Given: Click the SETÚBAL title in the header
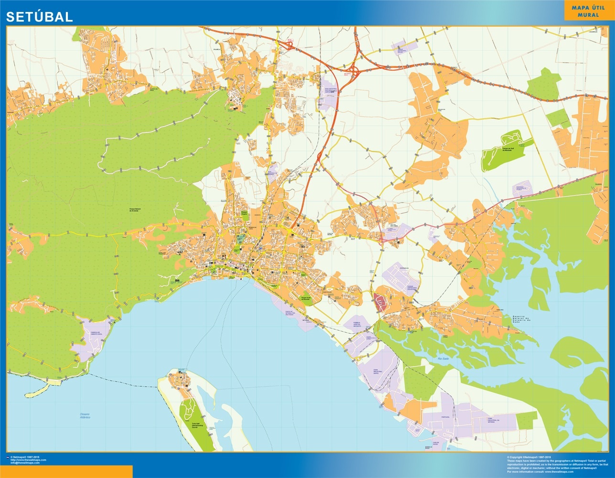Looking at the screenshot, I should click(x=39, y=17).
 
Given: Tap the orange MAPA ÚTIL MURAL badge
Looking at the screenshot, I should click(x=588, y=11).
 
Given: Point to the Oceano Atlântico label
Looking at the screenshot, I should click(x=85, y=415).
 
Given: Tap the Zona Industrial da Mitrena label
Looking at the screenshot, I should click(x=493, y=421).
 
